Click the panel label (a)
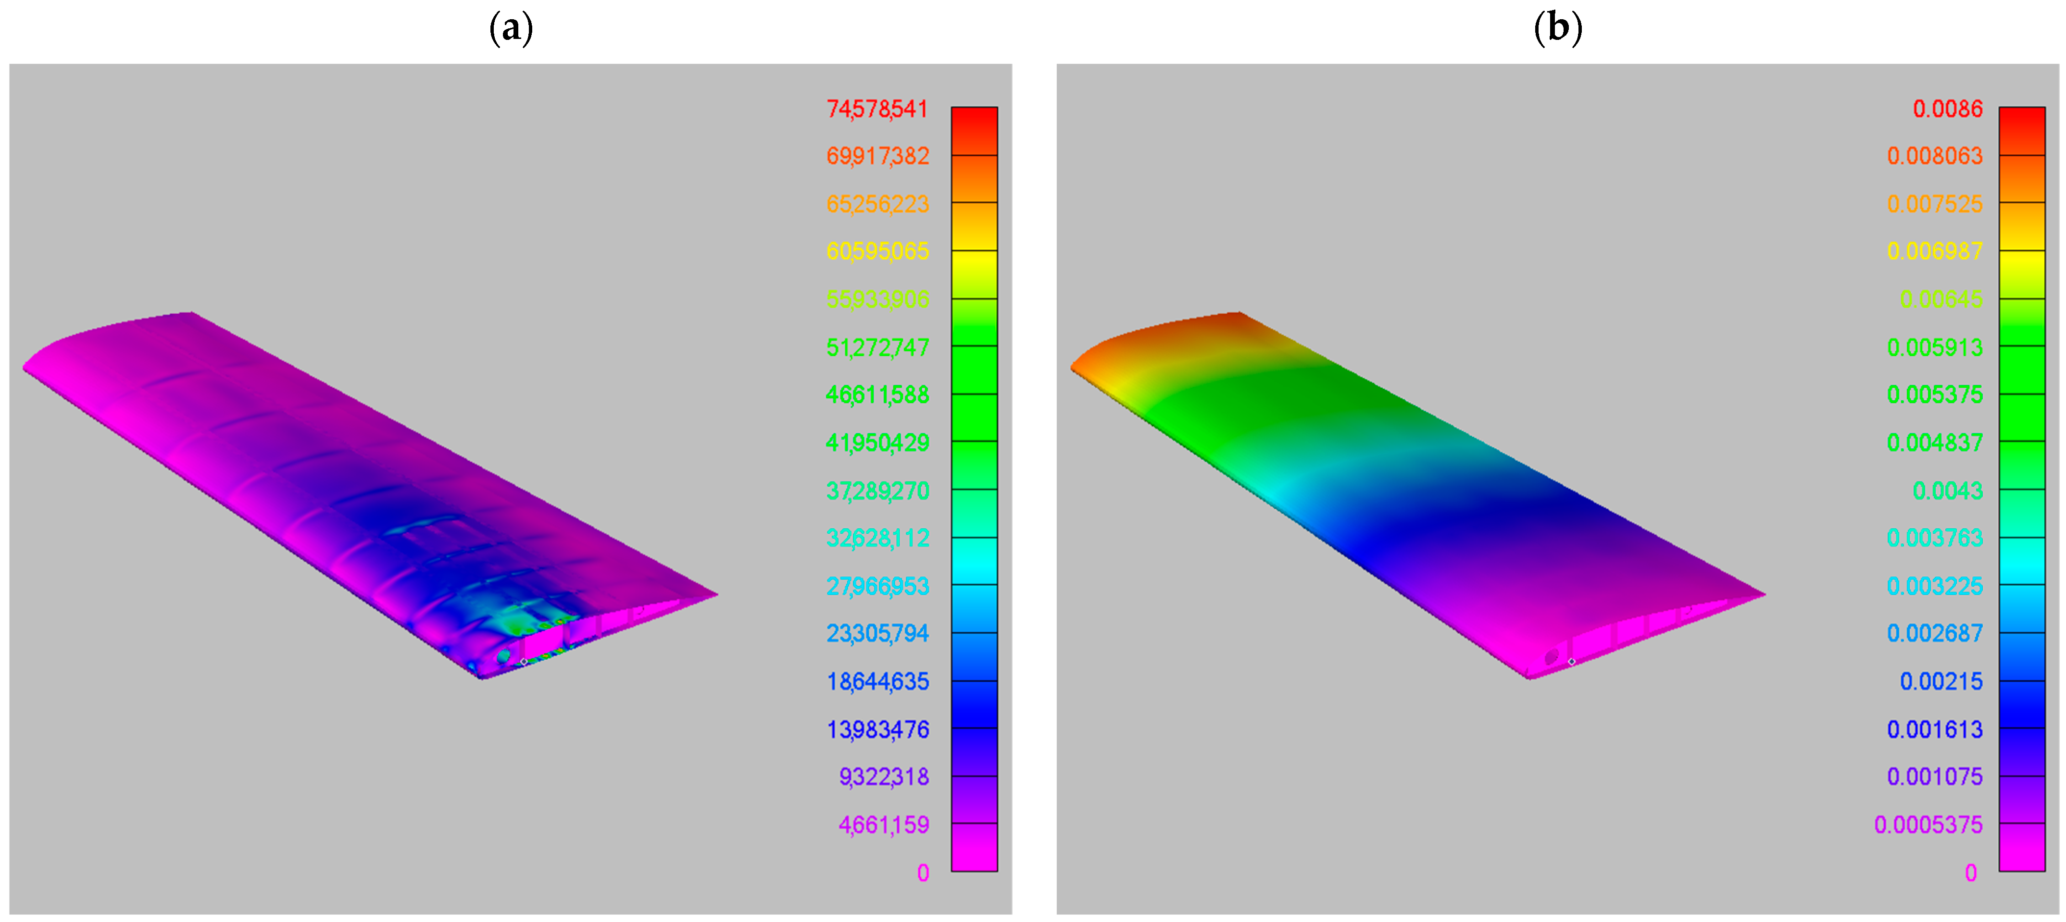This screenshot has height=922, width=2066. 511,29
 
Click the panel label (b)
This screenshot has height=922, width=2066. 1557,29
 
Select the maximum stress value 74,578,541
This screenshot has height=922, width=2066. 877,109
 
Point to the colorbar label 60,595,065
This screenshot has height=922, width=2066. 877,252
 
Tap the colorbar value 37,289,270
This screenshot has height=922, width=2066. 877,491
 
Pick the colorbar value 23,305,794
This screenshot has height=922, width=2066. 877,633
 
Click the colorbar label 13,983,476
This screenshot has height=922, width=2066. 877,730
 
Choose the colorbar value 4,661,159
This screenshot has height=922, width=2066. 884,825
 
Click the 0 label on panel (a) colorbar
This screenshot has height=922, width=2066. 923,873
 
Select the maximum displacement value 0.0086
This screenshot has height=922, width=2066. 1947,109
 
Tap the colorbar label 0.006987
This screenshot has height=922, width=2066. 1934,252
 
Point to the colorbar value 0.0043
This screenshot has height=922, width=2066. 1947,491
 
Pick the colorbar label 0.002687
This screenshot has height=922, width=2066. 1934,633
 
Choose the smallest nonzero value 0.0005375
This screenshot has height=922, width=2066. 1928,825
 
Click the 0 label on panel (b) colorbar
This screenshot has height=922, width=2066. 1970,873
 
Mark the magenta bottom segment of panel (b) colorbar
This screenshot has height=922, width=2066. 2022,848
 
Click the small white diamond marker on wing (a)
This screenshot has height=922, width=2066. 524,662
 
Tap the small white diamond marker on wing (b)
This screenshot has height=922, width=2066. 1571,662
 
